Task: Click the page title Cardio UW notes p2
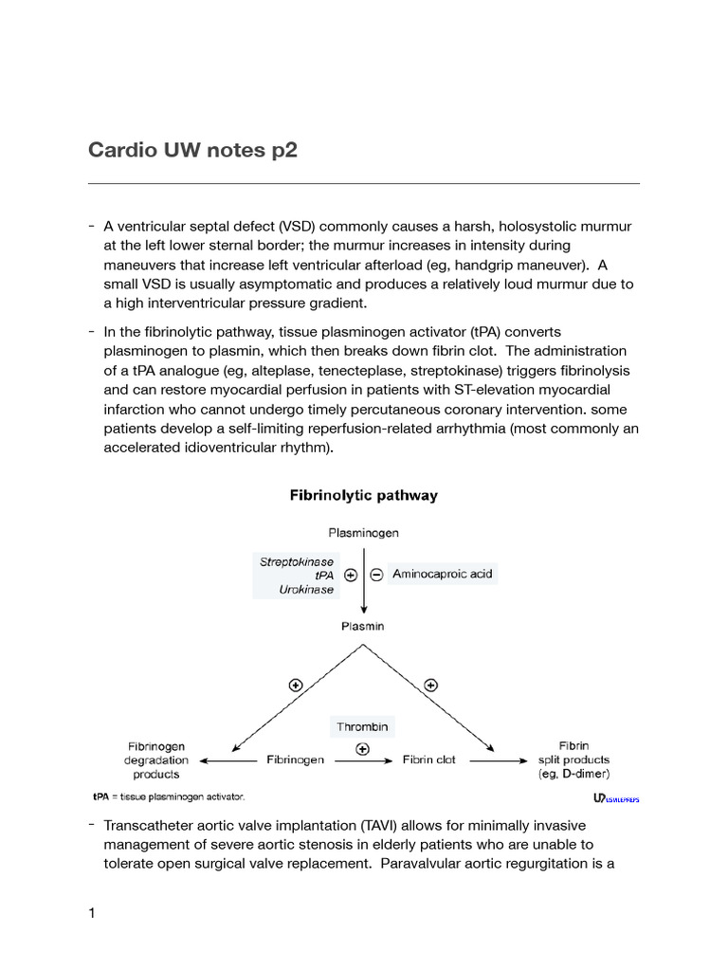192,150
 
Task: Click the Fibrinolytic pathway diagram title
363,495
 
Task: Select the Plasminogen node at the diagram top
363,533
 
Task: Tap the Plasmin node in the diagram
363,627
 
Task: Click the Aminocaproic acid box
443,575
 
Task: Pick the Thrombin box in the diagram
362,727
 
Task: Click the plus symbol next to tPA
351,576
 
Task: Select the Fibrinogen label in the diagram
296,760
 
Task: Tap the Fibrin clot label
429,760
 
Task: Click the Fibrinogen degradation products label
156,760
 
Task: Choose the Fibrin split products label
573,760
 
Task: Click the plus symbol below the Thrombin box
362,748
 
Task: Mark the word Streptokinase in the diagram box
297,561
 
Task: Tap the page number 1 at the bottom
92,913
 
